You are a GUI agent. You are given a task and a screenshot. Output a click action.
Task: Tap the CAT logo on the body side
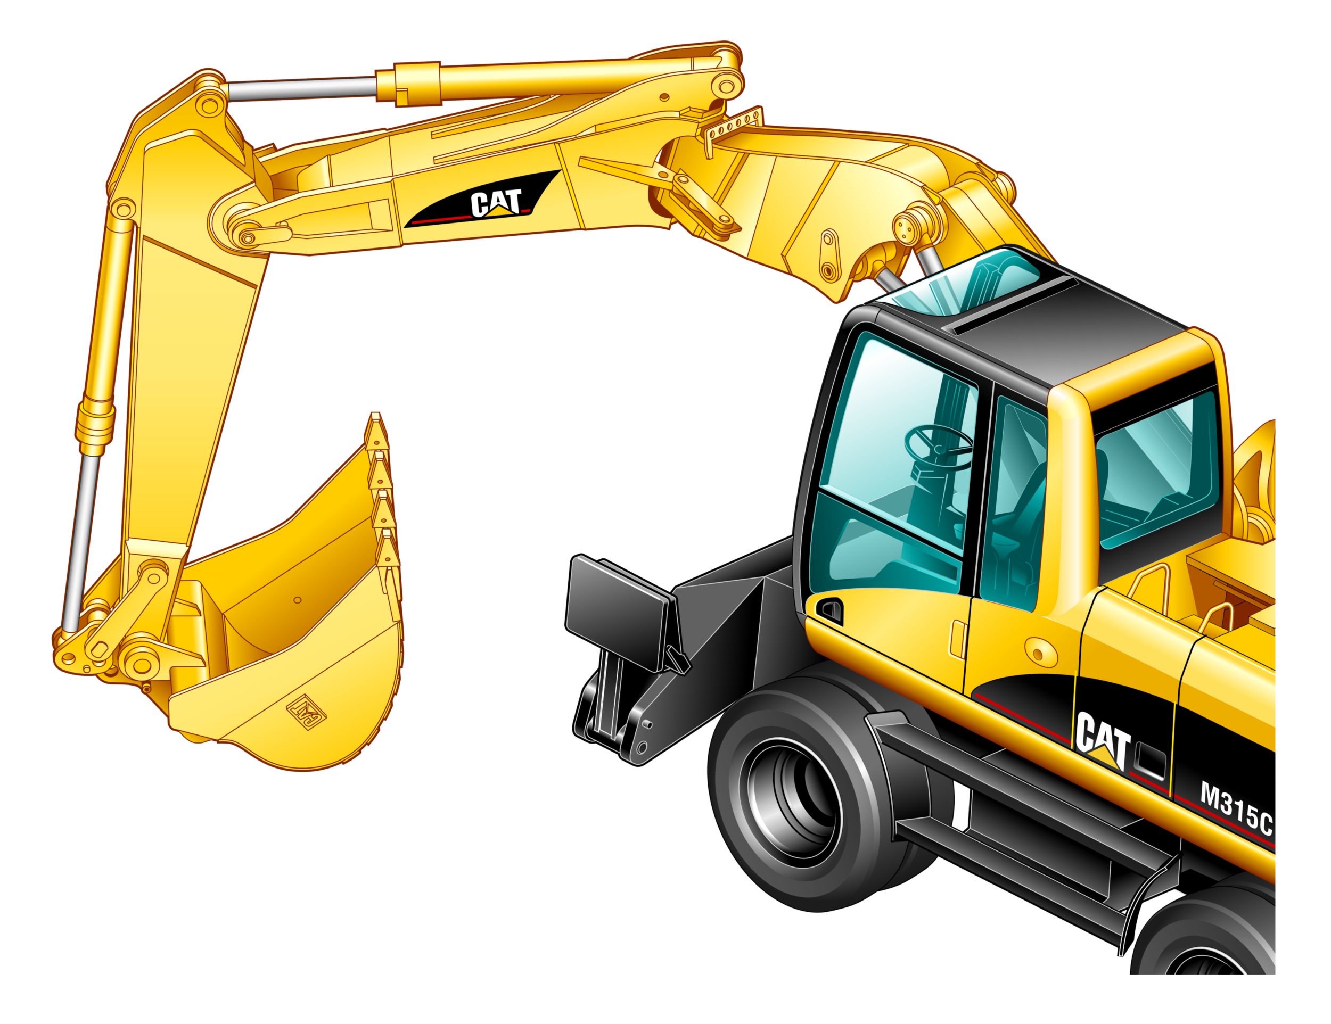tap(1103, 741)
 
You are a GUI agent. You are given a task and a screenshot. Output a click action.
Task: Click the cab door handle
tap(829, 610)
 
